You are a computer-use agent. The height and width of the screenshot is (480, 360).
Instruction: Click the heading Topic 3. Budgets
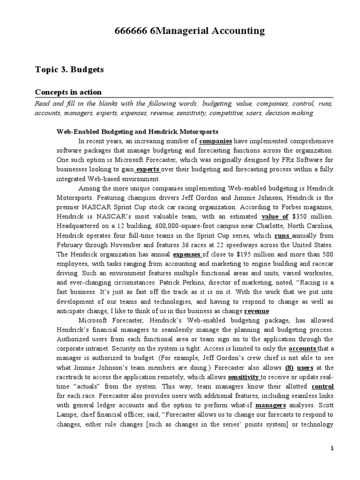69,69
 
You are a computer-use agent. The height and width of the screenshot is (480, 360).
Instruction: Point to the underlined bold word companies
216,141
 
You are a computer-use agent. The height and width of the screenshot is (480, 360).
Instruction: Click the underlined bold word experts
148,169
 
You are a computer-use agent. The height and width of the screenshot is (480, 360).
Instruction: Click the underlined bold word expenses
187,255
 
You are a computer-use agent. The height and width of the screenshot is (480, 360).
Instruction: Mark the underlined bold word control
322,387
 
